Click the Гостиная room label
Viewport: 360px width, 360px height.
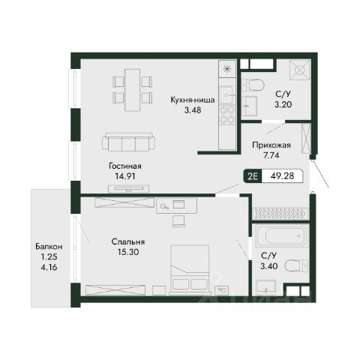point(125,166)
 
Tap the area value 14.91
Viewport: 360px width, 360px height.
point(125,176)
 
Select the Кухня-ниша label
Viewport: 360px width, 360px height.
point(193,100)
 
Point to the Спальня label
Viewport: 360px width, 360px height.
point(128,242)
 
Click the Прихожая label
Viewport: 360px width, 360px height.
point(271,145)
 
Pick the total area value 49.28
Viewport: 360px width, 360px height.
point(282,176)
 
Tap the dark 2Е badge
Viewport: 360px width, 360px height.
point(253,176)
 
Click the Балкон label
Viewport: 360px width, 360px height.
point(49,247)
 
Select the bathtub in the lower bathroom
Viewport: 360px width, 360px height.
point(281,235)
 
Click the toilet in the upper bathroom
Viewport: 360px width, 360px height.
point(253,85)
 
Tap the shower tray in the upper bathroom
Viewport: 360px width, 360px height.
point(300,70)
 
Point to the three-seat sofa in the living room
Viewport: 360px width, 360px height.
point(128,142)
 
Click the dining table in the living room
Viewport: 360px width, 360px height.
point(132,90)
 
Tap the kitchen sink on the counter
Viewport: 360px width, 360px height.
point(227,95)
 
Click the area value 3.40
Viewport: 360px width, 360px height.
point(268,266)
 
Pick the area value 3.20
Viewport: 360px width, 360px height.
point(283,104)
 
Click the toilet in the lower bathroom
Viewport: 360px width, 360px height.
point(297,265)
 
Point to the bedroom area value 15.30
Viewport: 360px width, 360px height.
point(128,252)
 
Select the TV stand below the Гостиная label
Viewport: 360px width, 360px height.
point(129,189)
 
